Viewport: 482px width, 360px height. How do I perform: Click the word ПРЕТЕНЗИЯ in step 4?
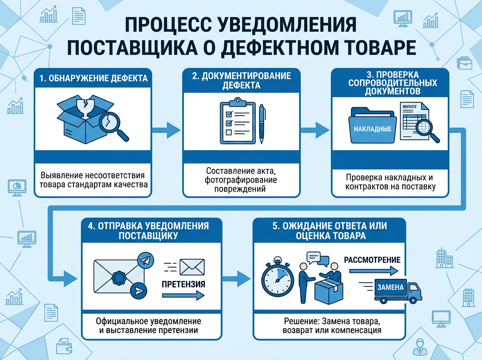tap(184, 284)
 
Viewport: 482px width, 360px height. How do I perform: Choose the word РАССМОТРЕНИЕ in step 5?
tap(372, 260)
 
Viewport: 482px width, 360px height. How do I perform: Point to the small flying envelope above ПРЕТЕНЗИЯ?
tap(191, 266)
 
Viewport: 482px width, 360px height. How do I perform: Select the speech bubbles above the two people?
tap(317, 258)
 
